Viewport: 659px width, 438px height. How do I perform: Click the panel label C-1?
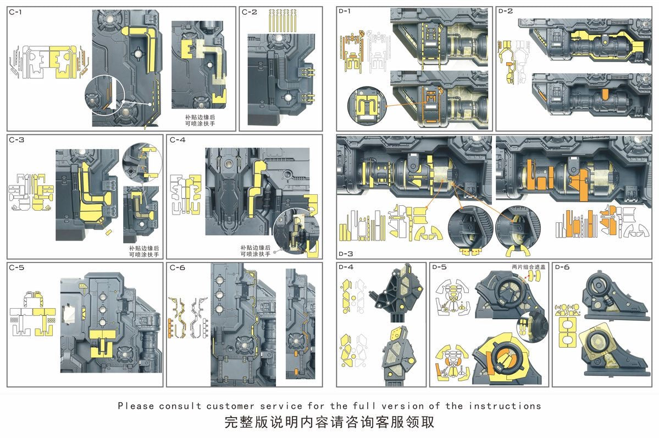point(16,12)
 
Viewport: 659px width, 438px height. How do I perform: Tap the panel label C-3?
point(16,140)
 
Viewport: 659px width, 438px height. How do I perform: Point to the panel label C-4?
point(178,140)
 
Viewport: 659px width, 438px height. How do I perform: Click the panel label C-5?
point(16,267)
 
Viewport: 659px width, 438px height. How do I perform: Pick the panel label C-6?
point(178,267)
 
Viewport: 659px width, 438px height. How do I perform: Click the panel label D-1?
point(346,12)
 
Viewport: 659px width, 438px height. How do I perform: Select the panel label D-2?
point(505,12)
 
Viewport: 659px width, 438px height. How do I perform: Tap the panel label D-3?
point(346,254)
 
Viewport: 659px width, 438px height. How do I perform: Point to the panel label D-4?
point(346,267)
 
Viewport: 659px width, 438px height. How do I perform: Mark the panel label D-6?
point(562,267)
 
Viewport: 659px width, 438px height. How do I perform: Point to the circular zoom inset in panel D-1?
point(366,104)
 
